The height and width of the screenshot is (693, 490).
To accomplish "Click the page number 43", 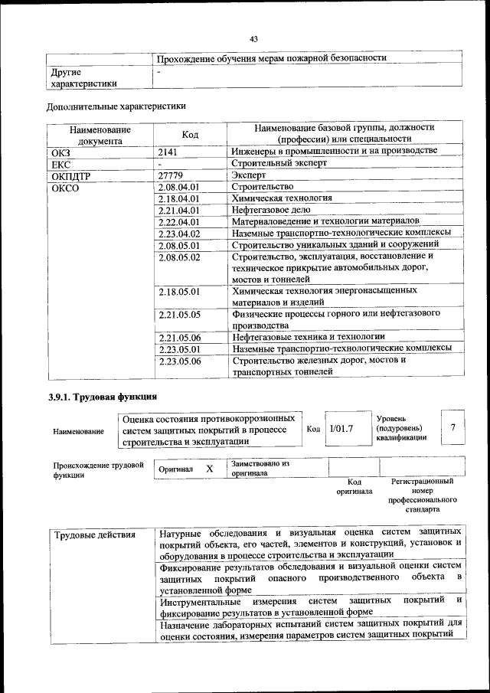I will point(254,40).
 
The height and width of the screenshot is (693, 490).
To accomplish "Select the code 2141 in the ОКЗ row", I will point(168,152).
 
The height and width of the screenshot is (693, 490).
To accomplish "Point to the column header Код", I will point(191,135).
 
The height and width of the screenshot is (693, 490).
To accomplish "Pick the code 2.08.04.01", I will point(178,187).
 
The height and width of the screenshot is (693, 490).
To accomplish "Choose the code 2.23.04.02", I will point(178,234).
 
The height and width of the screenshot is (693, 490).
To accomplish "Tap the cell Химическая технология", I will point(281,198).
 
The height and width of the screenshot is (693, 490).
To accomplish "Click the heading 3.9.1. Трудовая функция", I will point(102,397).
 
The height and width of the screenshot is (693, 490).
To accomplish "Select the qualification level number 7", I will point(453,427).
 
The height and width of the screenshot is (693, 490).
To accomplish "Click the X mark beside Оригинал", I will point(209,468).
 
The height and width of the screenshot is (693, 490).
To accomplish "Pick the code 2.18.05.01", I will point(178,292).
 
